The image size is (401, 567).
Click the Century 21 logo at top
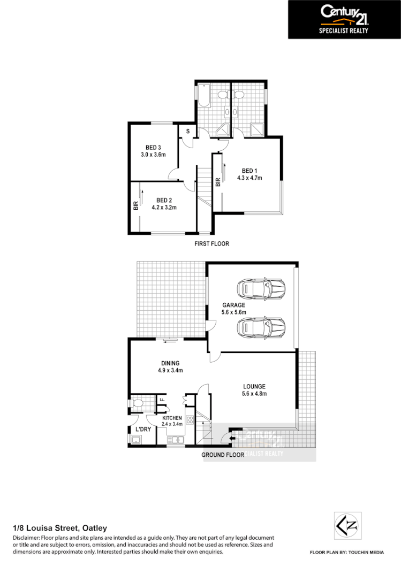pyautogui.click(x=344, y=19)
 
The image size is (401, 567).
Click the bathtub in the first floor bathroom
pyautogui.click(x=203, y=96)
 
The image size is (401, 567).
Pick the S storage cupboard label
pyautogui.click(x=187, y=131)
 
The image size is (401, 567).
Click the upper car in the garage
pyautogui.click(x=262, y=289)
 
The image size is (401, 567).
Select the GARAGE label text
pyautogui.click(x=234, y=305)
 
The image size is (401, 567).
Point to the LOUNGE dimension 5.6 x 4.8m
pyautogui.click(x=254, y=394)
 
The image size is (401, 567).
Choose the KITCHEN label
pyautogui.click(x=172, y=418)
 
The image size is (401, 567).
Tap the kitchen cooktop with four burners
pyautogui.click(x=189, y=419)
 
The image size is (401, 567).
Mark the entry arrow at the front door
pyautogui.click(x=231, y=439)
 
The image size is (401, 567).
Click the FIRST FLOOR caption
pyautogui.click(x=211, y=244)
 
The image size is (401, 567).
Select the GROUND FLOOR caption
pyautogui.click(x=222, y=455)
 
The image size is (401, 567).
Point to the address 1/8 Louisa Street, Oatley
pyautogui.click(x=59, y=528)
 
